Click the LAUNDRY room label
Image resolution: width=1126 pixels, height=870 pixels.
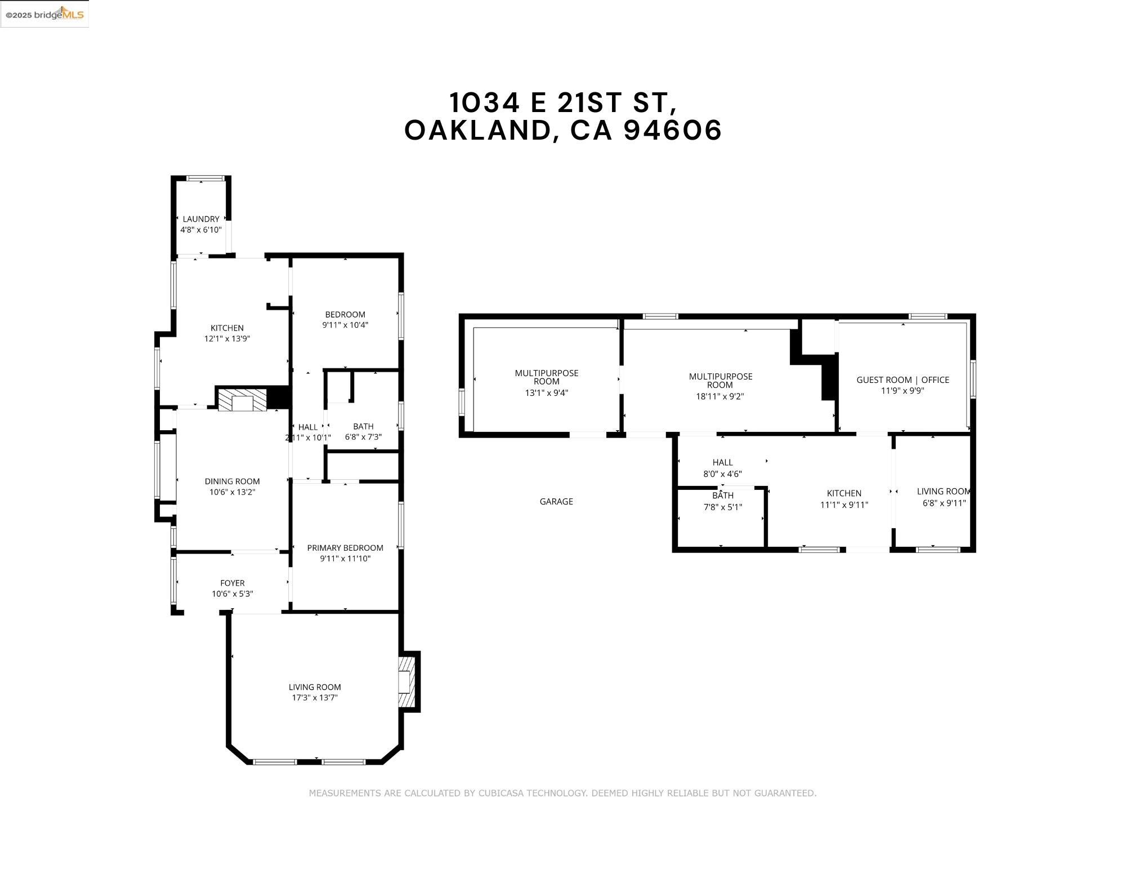click(x=201, y=219)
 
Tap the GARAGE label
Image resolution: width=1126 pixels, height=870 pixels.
click(x=556, y=501)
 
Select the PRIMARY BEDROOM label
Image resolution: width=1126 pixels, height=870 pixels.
click(x=345, y=548)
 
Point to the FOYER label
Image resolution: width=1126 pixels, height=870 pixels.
click(x=233, y=583)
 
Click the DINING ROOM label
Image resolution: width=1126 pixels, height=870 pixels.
click(x=232, y=481)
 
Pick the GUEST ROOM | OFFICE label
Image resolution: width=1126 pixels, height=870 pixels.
click(x=902, y=380)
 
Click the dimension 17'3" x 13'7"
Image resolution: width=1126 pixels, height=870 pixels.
click(x=315, y=698)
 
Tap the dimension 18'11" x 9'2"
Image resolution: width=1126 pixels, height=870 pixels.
click(x=720, y=396)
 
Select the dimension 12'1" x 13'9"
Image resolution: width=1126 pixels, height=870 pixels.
click(x=227, y=338)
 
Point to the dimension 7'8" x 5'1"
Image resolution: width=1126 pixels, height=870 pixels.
click(x=723, y=507)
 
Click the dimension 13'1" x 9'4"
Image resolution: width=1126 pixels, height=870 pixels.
click(x=546, y=393)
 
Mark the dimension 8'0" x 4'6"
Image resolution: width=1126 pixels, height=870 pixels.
click(x=722, y=474)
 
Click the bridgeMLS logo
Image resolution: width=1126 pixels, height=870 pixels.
click(x=44, y=14)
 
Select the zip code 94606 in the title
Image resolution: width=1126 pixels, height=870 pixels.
click(x=673, y=130)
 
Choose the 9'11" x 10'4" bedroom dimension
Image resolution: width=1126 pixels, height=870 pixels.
click(x=345, y=325)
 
